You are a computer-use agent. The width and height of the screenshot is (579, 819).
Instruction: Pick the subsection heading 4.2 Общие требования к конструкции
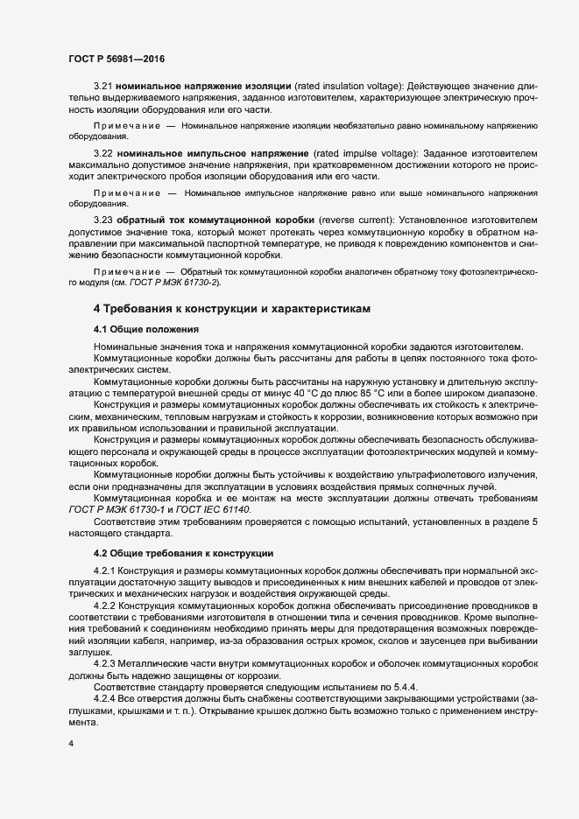point(183,553)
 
